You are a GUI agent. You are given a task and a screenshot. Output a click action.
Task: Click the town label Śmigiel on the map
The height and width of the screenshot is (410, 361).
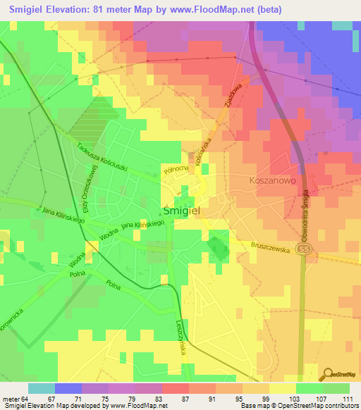tap(185, 210)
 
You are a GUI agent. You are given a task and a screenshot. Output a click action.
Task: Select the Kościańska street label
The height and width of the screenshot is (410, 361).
tap(204, 152)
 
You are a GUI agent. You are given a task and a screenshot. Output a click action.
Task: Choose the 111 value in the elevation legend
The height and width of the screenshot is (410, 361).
tap(345, 398)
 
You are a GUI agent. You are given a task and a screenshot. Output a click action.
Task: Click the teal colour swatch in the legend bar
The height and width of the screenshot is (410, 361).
tap(41, 388)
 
